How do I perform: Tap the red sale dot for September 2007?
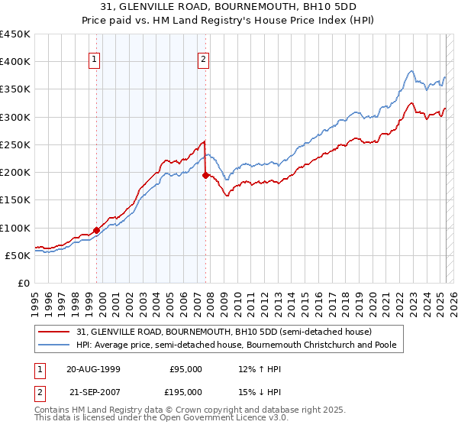[205, 175]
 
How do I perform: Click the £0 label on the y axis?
[24, 283]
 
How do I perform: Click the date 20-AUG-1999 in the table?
[93, 369]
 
